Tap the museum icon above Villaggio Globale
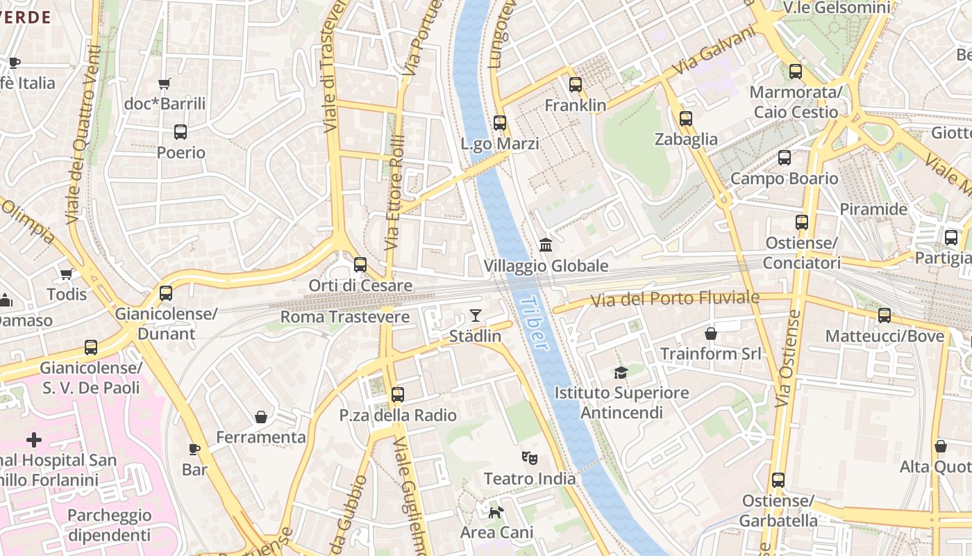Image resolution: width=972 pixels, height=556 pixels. click(546, 245)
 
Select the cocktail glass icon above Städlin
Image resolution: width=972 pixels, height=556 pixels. click(475, 316)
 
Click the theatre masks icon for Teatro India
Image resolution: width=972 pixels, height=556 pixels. click(530, 457)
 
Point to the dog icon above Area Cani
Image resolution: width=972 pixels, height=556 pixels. click(496, 512)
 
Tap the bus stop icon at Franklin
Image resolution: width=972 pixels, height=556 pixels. click(576, 85)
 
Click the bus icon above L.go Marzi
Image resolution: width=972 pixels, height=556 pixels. click(500, 123)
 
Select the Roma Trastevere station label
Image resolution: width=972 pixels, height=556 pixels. click(345, 317)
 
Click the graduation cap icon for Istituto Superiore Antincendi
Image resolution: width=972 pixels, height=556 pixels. click(621, 373)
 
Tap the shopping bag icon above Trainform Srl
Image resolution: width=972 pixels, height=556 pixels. click(710, 334)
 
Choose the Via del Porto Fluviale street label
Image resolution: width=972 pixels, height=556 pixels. click(675, 299)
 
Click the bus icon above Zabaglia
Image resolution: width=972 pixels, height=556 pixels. click(686, 119)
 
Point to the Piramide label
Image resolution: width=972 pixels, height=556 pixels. click(873, 209)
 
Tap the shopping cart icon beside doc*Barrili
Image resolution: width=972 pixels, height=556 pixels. click(165, 84)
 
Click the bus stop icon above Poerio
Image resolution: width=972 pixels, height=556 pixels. click(181, 131)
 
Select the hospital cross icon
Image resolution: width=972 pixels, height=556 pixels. click(34, 440)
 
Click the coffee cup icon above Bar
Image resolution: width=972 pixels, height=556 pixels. click(194, 449)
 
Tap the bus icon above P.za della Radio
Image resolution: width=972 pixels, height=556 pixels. click(398, 395)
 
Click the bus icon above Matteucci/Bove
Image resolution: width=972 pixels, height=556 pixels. click(885, 316)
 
